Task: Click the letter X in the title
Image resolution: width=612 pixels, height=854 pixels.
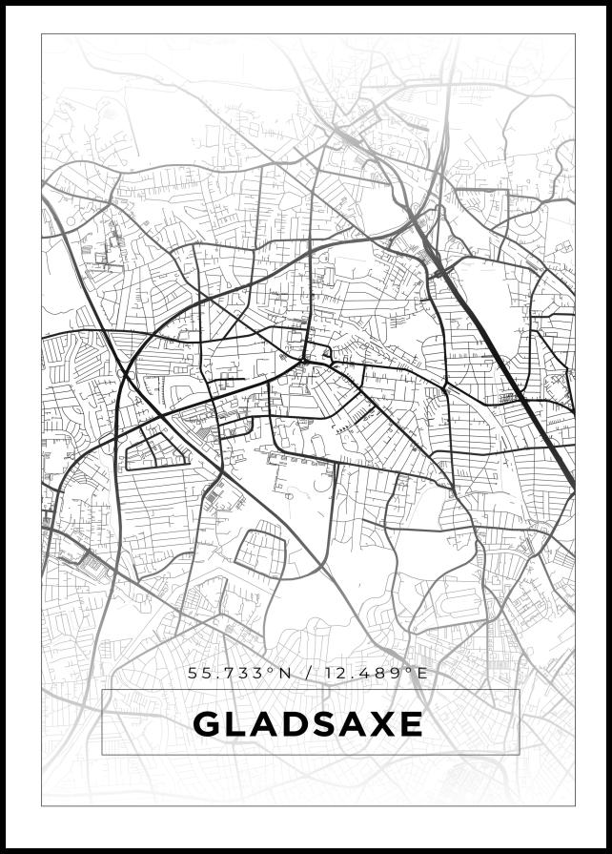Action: (384, 725)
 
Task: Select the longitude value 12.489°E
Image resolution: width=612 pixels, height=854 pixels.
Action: (377, 674)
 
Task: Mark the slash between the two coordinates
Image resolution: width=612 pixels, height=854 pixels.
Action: (308, 674)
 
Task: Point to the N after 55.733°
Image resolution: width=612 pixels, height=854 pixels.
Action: (285, 674)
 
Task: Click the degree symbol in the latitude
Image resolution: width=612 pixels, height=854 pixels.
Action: (272, 670)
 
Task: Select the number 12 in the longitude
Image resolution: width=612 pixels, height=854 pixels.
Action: (333, 674)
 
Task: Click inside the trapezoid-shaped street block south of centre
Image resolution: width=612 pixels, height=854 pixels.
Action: (260, 551)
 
